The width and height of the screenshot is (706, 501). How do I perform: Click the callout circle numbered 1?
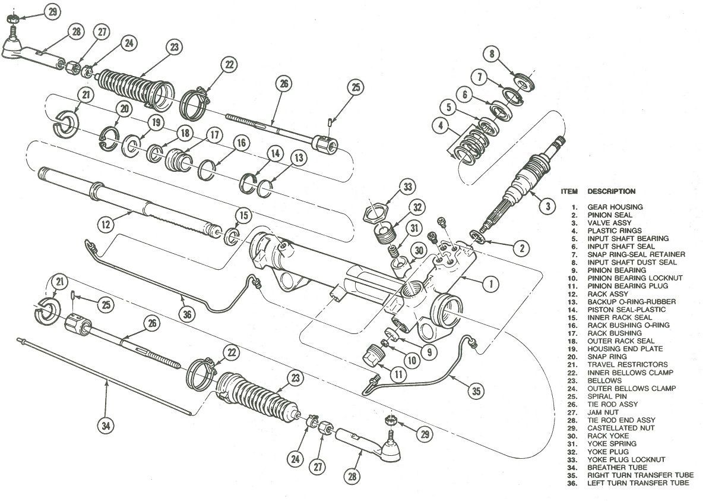(x=490, y=285)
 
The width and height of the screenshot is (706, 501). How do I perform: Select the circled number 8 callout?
(x=491, y=55)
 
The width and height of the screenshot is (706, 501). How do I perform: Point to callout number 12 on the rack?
(x=106, y=225)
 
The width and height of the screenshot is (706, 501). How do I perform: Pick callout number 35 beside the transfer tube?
(x=476, y=391)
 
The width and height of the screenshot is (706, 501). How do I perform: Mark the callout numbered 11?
(x=398, y=374)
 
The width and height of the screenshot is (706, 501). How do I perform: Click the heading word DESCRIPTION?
(x=611, y=191)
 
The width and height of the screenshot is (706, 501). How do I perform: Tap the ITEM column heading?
(x=569, y=191)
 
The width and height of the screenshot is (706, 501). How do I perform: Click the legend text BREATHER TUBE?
(x=616, y=467)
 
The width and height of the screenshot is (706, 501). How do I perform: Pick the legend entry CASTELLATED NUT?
(x=621, y=428)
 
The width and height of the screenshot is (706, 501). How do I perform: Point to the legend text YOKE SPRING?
(x=612, y=443)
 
